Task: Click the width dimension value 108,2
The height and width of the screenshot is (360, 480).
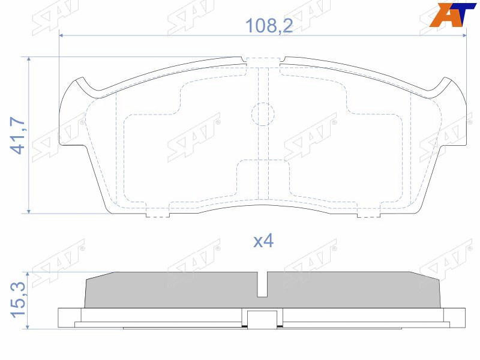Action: [x=262, y=26]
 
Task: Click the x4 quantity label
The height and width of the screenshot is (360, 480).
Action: [x=263, y=241]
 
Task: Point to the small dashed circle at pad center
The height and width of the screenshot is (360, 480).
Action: [x=262, y=113]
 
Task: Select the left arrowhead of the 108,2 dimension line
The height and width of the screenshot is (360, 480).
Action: [x=62, y=36]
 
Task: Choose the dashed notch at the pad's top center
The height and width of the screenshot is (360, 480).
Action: [x=265, y=62]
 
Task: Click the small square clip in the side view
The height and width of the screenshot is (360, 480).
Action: [x=263, y=319]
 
